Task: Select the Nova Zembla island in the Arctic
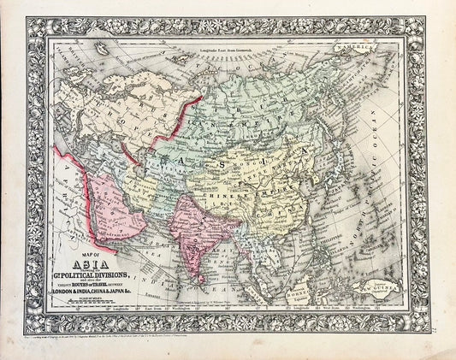point(184,73)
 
